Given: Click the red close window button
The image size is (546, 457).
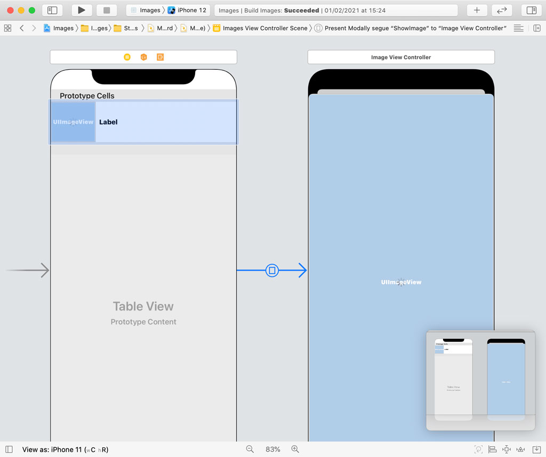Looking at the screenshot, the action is click(10, 10).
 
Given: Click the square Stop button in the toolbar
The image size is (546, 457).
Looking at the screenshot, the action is click(107, 10).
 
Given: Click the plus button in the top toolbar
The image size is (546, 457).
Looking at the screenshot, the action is click(477, 10).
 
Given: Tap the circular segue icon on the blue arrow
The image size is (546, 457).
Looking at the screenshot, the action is click(272, 271).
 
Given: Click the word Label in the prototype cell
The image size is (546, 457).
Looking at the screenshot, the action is click(108, 122).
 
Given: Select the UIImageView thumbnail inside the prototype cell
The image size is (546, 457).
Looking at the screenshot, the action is click(73, 122).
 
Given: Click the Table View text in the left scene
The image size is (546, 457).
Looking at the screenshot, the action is click(143, 306).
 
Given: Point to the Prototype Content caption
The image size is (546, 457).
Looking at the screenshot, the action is click(143, 322).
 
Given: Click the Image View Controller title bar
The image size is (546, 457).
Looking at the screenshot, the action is click(401, 57).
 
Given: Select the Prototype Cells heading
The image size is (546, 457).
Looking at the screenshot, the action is click(87, 96).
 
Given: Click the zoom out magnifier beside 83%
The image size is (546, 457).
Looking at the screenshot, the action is click(250, 450).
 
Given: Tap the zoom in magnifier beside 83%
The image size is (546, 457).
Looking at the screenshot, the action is click(295, 450).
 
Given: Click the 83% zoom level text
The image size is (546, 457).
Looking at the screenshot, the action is click(272, 450).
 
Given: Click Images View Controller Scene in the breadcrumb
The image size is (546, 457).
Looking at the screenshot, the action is click(264, 28).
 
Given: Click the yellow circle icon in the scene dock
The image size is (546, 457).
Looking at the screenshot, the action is click(127, 57).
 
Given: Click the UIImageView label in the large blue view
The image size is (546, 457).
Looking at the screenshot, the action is click(401, 282).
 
